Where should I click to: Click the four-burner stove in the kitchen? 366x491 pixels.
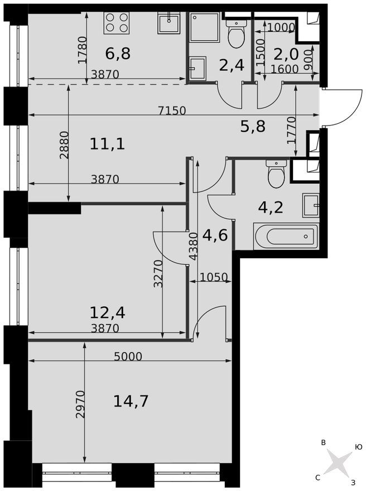[116, 22]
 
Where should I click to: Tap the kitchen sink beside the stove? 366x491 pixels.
[169, 22]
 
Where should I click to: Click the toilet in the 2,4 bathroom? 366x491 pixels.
[236, 34]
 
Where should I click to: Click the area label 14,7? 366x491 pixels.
[131, 401]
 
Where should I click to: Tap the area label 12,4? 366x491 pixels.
[107, 312]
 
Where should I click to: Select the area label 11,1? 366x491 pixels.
[107, 144]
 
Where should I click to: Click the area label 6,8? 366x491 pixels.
[118, 54]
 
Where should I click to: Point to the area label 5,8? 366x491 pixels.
[253, 127]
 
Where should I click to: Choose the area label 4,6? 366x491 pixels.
[215, 235]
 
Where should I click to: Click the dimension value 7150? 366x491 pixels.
[172, 110]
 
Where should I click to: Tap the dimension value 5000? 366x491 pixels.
[128, 357]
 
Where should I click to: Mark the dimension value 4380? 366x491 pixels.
[194, 246]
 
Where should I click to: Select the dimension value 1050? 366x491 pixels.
[213, 277]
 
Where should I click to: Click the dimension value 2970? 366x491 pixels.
[80, 405]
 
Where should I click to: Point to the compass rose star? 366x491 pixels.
[337, 461]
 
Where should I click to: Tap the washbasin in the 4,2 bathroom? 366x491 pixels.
[311, 205]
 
